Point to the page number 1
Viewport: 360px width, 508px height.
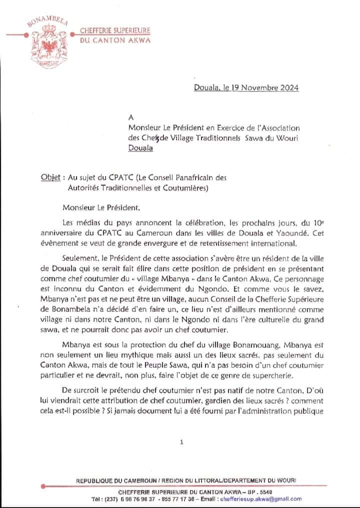point(181,442)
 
